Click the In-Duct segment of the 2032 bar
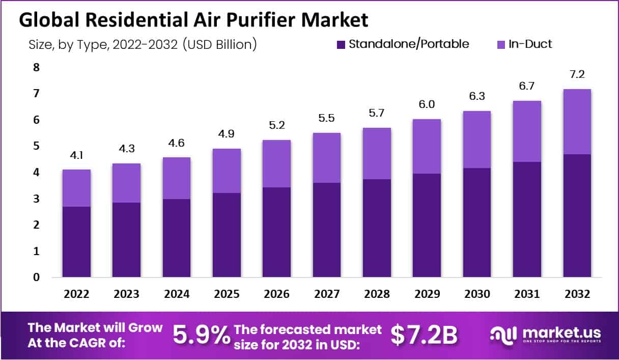coord(577,122)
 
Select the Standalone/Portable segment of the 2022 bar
coord(77,242)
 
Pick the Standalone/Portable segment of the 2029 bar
coord(427,226)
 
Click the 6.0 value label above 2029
coord(427,104)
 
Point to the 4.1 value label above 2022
coord(77,155)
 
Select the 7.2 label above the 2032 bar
coord(577,74)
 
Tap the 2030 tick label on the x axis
coord(477,294)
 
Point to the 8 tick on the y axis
coord(36,67)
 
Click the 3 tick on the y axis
coord(36,199)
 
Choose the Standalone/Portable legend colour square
coord(341,44)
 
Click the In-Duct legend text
coord(530,44)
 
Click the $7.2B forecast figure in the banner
coord(424,335)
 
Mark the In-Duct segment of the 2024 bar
coord(176,178)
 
